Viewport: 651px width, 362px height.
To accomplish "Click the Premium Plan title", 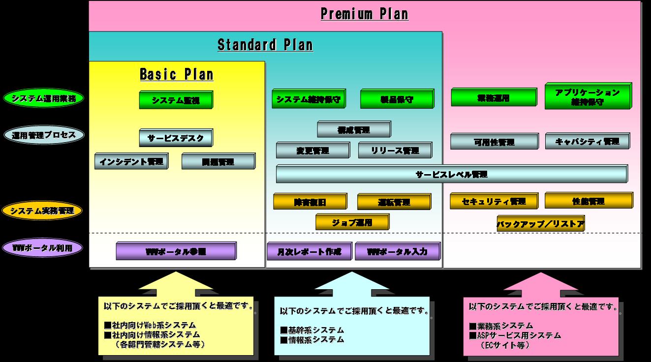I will (x=364, y=14).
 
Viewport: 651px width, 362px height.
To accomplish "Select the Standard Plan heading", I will (x=265, y=45).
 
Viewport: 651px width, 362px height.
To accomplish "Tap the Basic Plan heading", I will (x=176, y=75).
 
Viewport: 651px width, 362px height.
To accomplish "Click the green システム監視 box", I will (x=176, y=100).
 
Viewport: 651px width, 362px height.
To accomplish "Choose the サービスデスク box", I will (x=176, y=138).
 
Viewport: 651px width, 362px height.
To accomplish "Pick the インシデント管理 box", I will (x=131, y=161).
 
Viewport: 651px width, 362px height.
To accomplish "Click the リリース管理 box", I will (x=395, y=151).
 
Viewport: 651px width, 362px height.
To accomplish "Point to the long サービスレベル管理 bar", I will (x=451, y=174).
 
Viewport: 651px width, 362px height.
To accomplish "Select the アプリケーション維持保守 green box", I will (x=588, y=96).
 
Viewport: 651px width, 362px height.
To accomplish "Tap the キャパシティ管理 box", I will (x=587, y=142).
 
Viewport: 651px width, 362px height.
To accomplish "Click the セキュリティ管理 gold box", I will (x=494, y=201).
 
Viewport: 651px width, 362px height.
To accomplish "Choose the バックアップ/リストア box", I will (x=540, y=224).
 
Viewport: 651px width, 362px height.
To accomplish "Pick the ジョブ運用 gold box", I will (x=352, y=222).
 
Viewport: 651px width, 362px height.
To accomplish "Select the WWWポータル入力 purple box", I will (x=397, y=252).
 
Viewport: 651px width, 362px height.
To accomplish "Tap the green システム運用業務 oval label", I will (x=44, y=98).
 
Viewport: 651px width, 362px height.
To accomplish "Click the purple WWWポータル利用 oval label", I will (x=44, y=248).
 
